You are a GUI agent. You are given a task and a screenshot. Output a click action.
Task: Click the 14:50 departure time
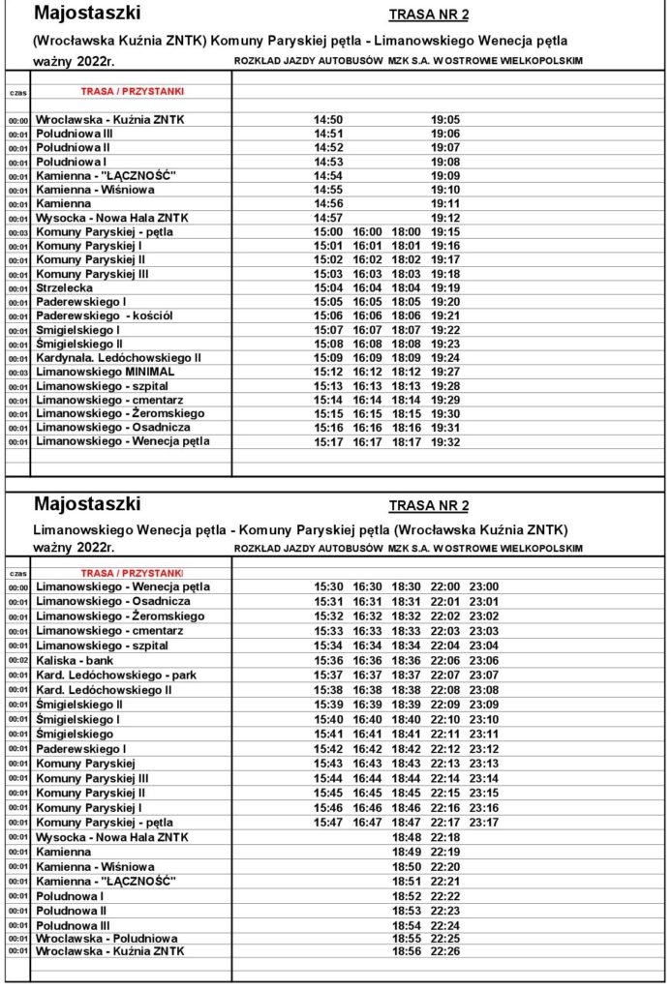pos(328,120)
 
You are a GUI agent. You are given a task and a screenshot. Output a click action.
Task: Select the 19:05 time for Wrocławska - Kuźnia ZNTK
pos(445,120)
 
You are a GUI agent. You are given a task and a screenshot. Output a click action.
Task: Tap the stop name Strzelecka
pos(64,288)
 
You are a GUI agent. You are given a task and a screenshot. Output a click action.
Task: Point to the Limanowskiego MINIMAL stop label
pos(106,372)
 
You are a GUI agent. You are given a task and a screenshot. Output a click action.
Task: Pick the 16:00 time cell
pos(368,232)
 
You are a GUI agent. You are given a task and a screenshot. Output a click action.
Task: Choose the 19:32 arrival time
pos(445,442)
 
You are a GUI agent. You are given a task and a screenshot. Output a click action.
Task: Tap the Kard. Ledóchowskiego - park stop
pos(116,675)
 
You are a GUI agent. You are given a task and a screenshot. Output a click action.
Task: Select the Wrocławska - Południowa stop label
pos(107,939)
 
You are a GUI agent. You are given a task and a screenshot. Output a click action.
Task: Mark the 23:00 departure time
pos(484,587)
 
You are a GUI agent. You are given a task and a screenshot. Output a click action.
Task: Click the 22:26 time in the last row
pos(445,952)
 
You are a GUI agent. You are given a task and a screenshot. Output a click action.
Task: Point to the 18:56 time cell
pos(407,952)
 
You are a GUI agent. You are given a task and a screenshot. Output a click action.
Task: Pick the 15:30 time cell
pos(328,587)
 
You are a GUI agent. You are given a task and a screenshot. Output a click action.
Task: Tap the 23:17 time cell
pos(484,823)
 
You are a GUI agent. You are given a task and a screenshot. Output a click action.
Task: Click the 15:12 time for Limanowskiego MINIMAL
pos(328,372)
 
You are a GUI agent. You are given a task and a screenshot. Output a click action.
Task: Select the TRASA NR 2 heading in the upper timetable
pos(428,15)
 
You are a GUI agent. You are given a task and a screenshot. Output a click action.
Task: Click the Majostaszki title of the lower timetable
pos(87,504)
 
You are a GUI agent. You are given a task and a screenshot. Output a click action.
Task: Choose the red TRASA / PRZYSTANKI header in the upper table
pos(133,91)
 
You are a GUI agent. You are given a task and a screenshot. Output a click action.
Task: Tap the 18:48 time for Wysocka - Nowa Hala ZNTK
pos(407,837)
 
